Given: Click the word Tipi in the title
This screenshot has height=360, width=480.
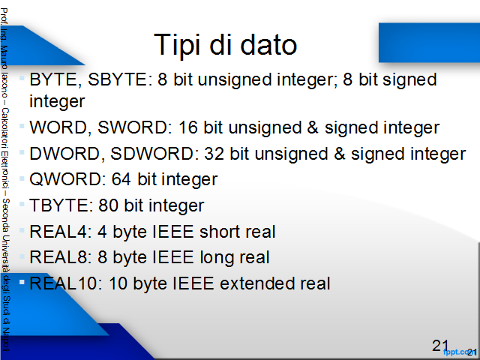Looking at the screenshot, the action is coord(178,45).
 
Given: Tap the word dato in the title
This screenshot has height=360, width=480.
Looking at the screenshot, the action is coord(268,45).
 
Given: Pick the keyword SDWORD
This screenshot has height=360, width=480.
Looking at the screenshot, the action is coord(152,153).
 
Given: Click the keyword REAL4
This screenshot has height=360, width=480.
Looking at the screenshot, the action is coord(61,232).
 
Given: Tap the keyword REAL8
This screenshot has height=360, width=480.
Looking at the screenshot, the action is coord(61,257).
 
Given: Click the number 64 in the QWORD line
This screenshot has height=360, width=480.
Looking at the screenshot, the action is coord(121,179).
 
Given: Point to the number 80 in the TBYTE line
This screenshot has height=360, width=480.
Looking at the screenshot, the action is coord(108,205).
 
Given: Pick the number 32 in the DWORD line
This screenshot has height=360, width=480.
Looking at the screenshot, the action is coord(214,153).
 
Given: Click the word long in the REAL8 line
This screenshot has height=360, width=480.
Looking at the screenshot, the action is coord(213,258).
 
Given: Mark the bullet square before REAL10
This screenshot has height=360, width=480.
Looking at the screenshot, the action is coord(22,282).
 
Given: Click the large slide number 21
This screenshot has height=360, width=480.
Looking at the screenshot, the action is coord(440,346).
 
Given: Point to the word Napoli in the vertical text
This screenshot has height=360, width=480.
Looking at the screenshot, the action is coord(6,338).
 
